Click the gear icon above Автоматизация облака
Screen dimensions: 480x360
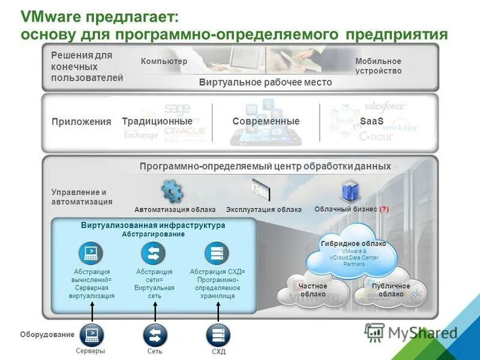pos(172,191)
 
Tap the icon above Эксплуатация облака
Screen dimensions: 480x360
pos(261,190)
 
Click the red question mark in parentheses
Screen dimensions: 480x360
pos(384,209)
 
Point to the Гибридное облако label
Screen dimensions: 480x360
pos(353,244)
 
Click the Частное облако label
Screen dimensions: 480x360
pos(313,290)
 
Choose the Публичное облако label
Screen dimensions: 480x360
pos(391,290)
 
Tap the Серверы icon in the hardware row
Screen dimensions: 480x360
pos(92,333)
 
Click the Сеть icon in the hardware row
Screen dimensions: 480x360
pos(155,334)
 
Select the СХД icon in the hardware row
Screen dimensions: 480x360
pos(218,334)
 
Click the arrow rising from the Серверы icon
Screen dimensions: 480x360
pos(92,311)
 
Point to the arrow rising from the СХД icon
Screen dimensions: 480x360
pos(218,311)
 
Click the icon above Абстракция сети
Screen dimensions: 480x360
pos(154,253)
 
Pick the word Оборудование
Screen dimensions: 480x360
pos(47,334)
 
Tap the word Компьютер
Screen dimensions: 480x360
pos(164,62)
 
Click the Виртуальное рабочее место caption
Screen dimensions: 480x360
pos(265,82)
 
